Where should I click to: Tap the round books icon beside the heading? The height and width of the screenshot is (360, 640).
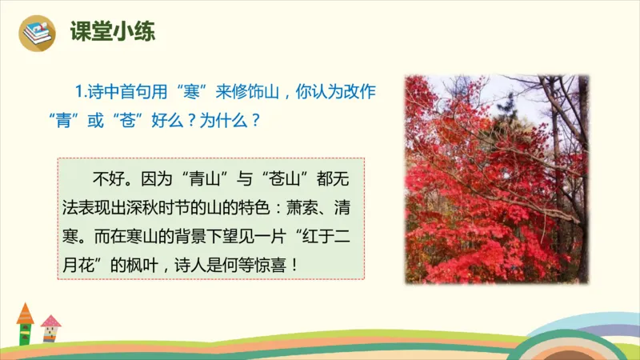click(x=38, y=32)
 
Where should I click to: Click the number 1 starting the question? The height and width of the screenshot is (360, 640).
click(x=78, y=92)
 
